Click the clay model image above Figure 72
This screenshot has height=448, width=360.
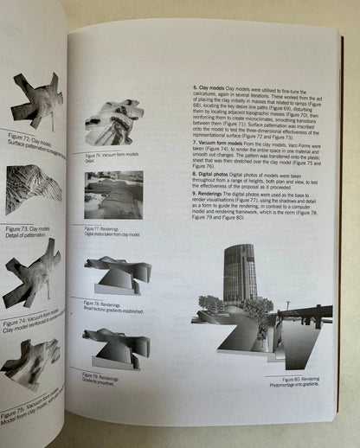[36, 100]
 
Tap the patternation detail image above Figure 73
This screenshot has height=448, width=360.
[34, 189]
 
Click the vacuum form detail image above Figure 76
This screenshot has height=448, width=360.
[114, 122]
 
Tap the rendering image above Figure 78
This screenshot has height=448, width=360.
[117, 274]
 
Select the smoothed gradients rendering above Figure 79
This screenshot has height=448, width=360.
[115, 347]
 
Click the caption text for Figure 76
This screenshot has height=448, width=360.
[106, 156]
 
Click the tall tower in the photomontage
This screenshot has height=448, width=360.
[239, 274]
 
